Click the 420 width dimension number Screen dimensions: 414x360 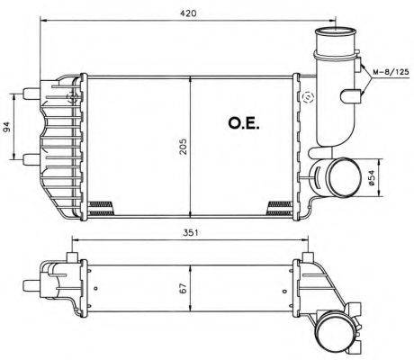point(187,13)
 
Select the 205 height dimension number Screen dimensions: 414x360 point(183,147)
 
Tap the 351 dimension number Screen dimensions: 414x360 point(191,233)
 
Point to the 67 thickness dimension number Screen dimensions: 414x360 point(184,288)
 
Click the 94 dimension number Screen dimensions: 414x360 point(6,127)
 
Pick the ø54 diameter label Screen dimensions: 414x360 point(372,178)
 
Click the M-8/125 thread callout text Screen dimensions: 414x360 point(391,72)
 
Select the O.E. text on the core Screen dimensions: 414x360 point(244,123)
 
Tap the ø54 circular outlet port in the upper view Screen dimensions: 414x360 point(344,177)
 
